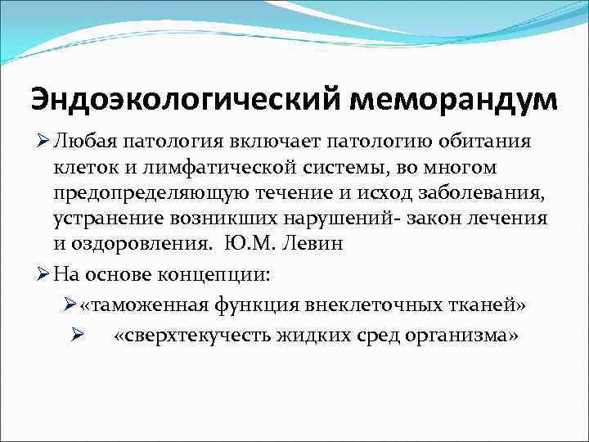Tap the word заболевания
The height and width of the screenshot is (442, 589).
(478, 194)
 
